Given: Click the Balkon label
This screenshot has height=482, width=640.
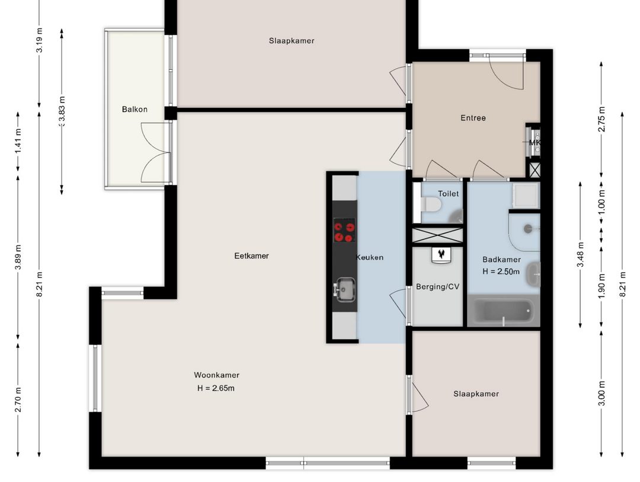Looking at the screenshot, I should tap(135, 109).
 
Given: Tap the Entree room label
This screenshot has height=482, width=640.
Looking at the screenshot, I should tap(473, 118).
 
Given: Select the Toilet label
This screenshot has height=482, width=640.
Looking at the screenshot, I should tap(448, 194).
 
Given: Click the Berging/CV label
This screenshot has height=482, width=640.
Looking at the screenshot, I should tap(437, 287).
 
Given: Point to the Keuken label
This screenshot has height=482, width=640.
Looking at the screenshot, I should tap(369, 257).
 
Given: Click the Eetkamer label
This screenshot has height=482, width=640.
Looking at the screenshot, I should tap(251, 256).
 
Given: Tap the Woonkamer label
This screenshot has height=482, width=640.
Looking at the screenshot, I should tap(216, 375).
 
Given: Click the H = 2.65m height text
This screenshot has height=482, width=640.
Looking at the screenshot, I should tap(216, 388).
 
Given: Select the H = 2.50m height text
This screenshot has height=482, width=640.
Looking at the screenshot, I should tap(501, 272).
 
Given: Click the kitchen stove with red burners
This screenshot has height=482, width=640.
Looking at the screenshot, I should tap(344, 230).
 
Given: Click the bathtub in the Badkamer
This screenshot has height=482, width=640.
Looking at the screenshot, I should tap(503, 311).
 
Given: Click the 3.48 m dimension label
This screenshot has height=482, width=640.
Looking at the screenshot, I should tap(580, 254).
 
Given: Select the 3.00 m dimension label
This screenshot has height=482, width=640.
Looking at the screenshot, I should tap(601, 392).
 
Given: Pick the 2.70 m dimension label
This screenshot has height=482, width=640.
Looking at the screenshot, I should tap(18, 400).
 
